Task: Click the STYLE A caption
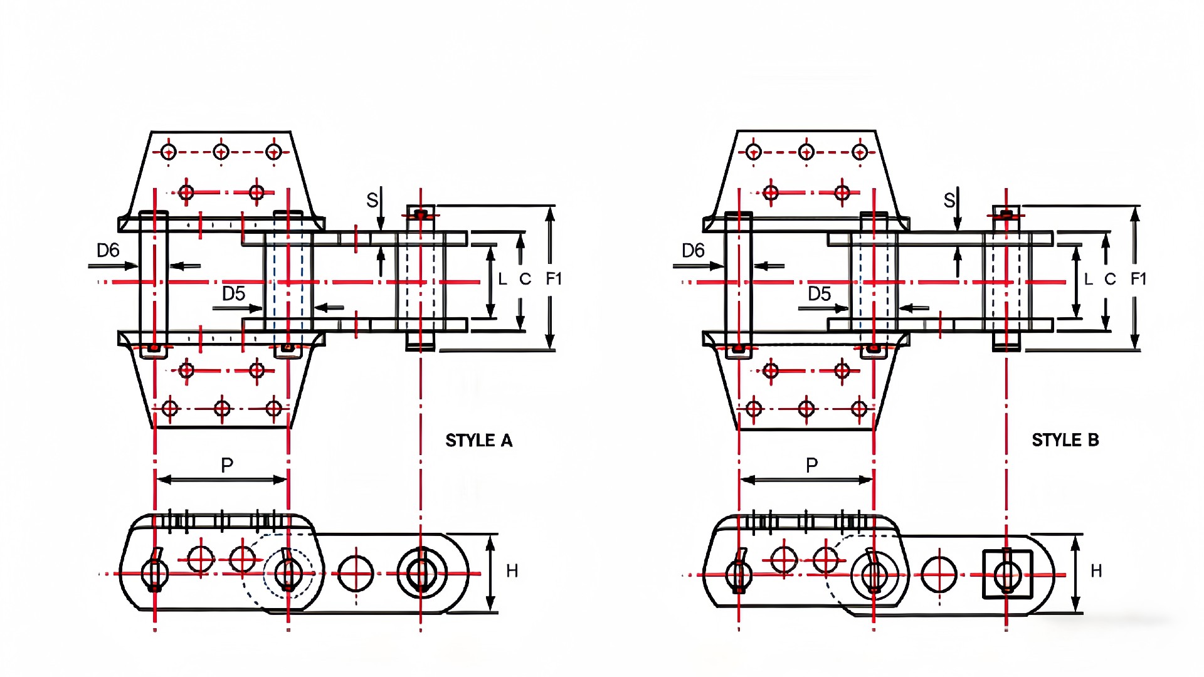pos(478,441)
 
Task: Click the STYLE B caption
pos(1065,440)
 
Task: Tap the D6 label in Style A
pos(108,251)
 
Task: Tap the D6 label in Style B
pos(693,251)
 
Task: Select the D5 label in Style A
pos(233,293)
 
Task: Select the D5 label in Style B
pos(819,293)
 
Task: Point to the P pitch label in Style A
pos(227,465)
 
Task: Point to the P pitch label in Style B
pos(812,465)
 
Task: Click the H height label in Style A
pos(512,571)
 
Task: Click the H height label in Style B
pos(1096,571)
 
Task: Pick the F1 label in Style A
pos(553,279)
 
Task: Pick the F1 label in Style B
pos(1138,279)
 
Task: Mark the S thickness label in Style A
pos(372,201)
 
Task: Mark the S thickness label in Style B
pos(949,201)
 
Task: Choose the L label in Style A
pos(502,280)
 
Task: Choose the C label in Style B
pos(1110,280)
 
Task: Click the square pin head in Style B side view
pos(1007,574)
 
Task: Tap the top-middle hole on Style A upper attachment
pos(221,152)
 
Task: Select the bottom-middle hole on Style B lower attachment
pos(806,409)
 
